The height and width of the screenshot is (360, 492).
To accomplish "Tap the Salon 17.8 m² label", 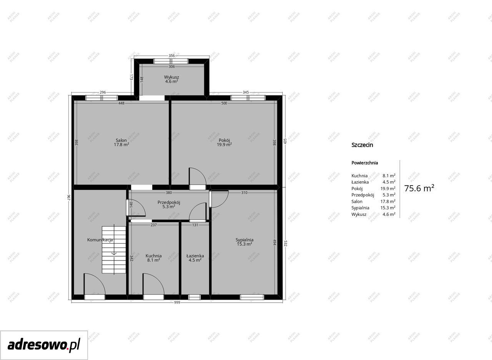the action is (x=121, y=142).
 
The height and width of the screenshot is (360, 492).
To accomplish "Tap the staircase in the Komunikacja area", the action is (x=114, y=250).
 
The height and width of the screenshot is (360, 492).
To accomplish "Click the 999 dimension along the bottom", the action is (x=177, y=302).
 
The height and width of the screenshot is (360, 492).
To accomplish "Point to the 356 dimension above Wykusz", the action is (x=171, y=56).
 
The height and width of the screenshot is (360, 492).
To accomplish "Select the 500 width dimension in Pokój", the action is (x=224, y=103).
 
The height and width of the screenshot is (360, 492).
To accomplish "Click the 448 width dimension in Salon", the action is (x=121, y=103).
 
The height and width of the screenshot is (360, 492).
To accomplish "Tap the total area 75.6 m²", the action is (x=419, y=188).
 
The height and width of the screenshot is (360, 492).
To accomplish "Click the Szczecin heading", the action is (x=362, y=145).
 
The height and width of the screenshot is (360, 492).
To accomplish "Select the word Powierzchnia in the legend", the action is (x=365, y=163).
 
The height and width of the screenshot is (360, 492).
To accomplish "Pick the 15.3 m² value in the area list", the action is (x=388, y=207).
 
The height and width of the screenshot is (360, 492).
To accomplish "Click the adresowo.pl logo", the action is (x=44, y=345).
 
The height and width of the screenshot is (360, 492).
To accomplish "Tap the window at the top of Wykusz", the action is (x=171, y=61).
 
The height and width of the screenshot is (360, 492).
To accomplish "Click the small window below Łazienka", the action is (x=194, y=297).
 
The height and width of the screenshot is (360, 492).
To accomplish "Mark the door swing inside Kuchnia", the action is (x=153, y=284).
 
